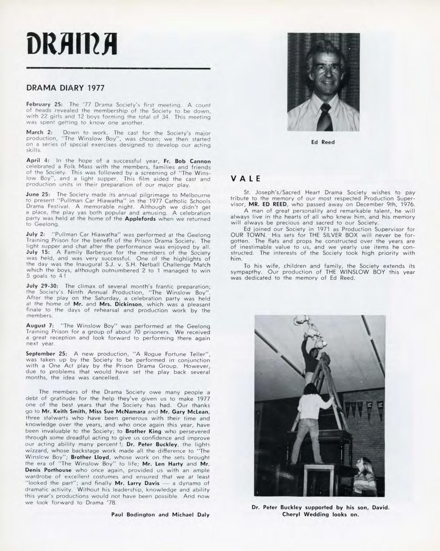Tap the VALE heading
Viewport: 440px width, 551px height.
tap(246, 178)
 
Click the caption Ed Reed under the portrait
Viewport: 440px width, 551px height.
tap(323, 142)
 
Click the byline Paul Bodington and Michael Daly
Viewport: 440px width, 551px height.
tap(160, 515)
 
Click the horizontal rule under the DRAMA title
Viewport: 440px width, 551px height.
tap(118, 68)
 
